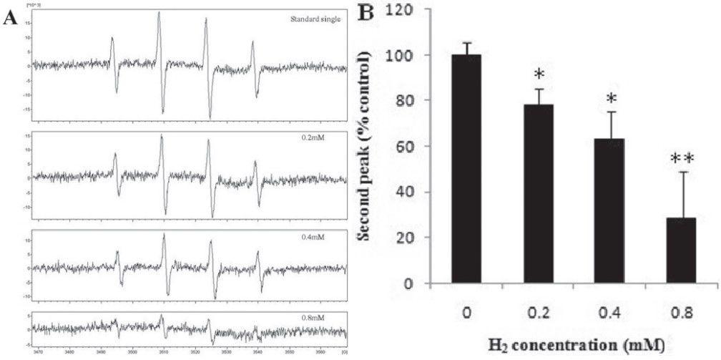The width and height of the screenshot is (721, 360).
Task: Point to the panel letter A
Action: (x=9, y=19)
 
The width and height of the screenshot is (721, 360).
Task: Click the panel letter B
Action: (x=366, y=13)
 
